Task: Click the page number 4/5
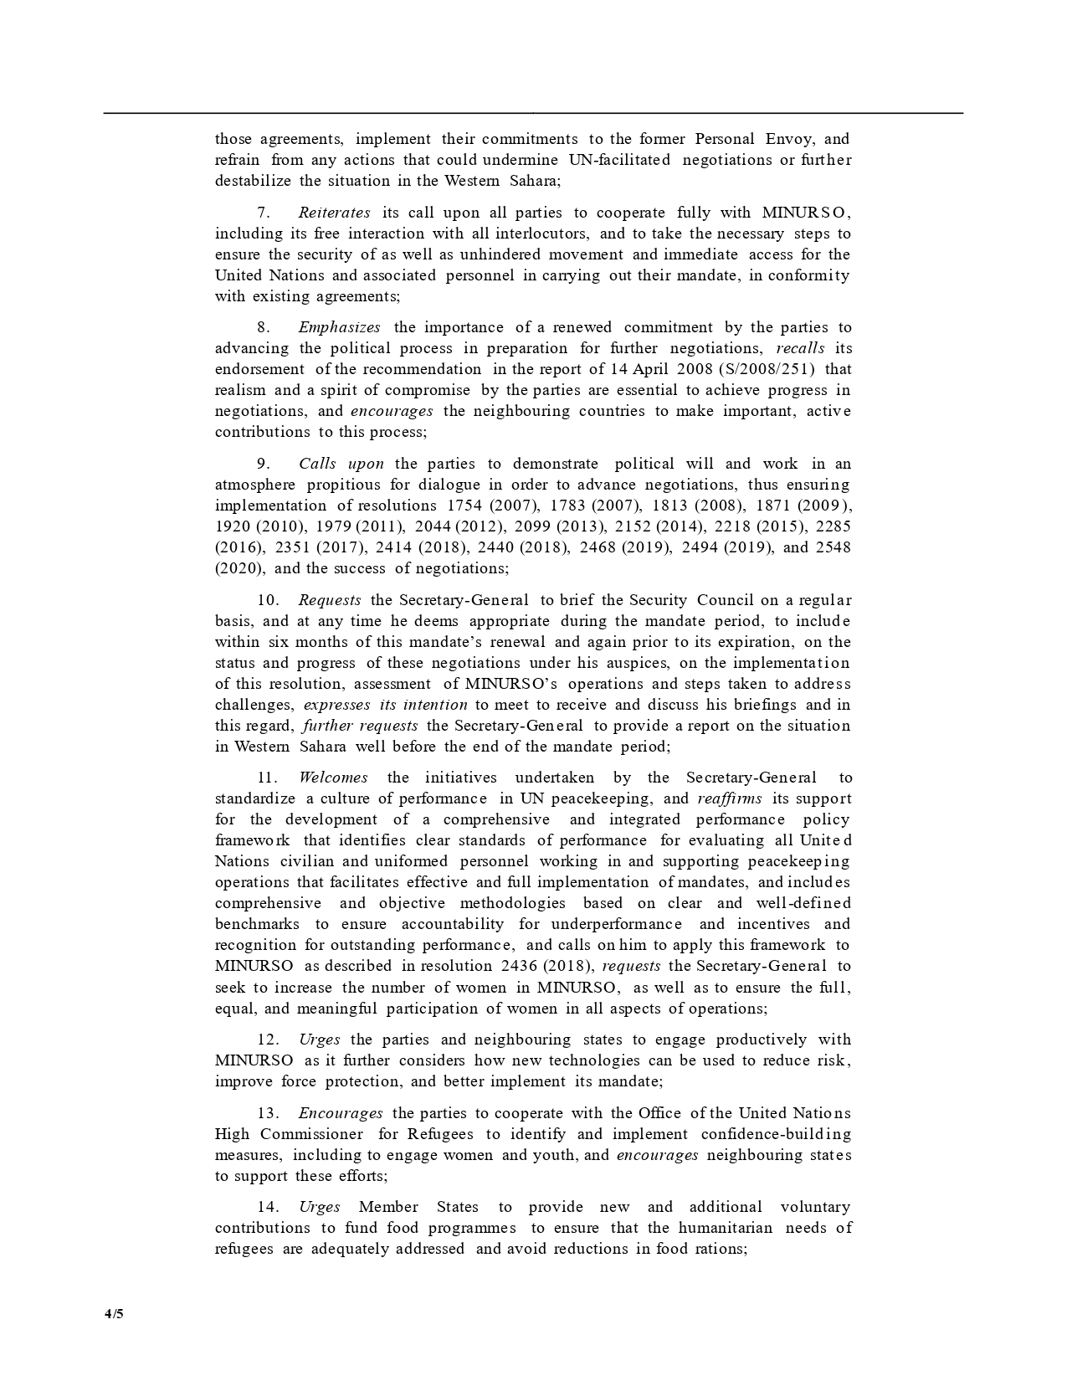(114, 1313)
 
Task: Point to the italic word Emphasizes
(339, 327)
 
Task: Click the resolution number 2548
(833, 547)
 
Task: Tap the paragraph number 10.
(267, 600)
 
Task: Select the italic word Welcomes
(333, 778)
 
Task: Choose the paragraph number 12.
(267, 1040)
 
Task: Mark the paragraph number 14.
(267, 1207)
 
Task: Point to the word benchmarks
(257, 924)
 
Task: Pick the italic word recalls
(800, 348)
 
